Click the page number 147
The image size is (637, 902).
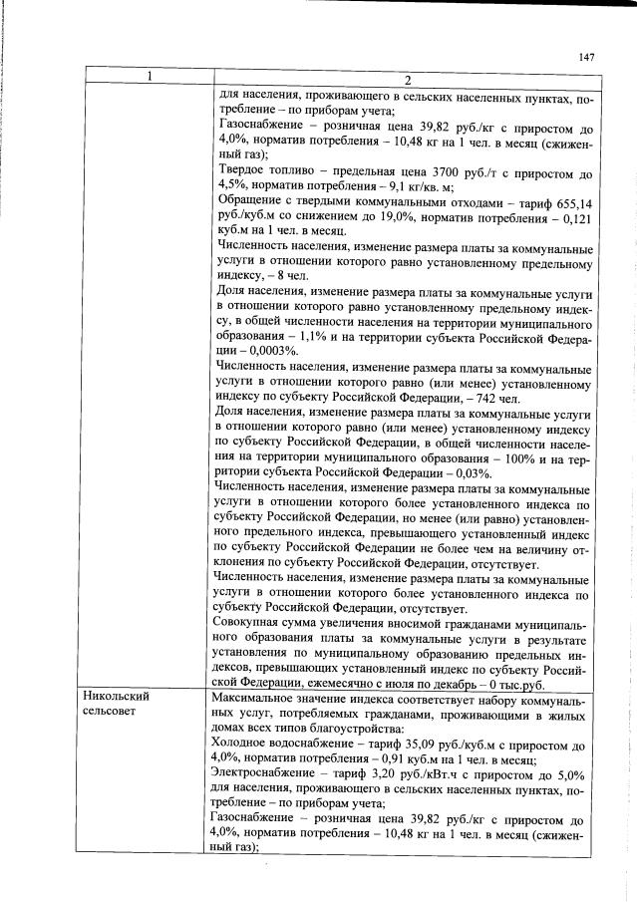coord(585,57)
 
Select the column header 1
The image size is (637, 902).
coord(148,78)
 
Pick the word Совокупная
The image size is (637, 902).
coord(253,626)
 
